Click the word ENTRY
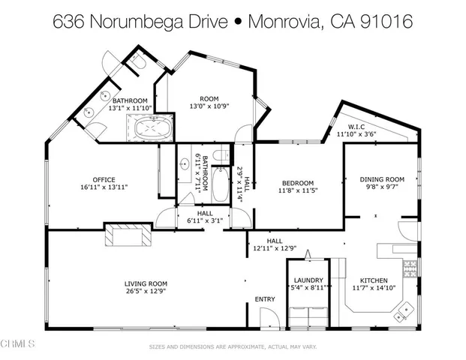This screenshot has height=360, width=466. coord(265,299)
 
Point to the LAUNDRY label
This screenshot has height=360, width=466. coord(308,280)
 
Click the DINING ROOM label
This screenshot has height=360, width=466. coord(382,179)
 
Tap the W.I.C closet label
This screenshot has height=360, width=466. coord(356,127)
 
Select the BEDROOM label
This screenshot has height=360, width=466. coord(297,183)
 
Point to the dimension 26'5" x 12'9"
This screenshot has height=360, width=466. coord(146,291)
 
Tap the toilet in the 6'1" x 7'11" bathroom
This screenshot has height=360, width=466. coord(219,155)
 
